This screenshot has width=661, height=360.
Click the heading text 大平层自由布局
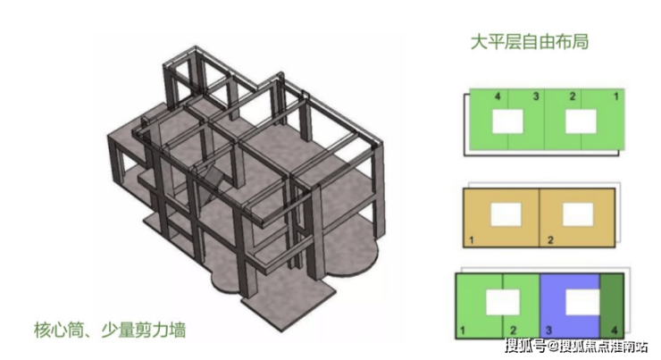529,42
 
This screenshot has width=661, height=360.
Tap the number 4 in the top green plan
497,95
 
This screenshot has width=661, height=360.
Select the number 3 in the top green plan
536,95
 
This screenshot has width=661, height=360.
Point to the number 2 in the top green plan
573,95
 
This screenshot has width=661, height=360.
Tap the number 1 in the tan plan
471,240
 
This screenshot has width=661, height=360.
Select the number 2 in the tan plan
549,240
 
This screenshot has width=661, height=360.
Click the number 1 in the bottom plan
463,331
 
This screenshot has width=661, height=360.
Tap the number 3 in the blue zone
548,331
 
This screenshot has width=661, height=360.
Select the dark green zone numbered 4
612,308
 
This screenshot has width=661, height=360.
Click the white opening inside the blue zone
582,305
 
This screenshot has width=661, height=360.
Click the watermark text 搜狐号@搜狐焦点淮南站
577,347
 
